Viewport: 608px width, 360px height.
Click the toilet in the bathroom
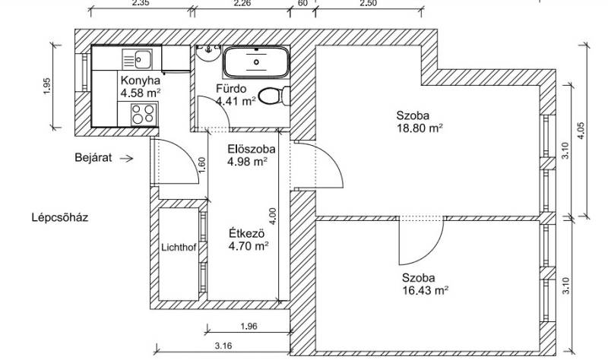(x=274, y=96)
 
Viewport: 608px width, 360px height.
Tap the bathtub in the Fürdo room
(x=256, y=62)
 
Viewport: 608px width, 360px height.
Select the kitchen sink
(x=138, y=59)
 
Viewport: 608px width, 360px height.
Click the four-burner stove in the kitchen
(x=143, y=115)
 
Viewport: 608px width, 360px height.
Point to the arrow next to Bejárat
(x=127, y=158)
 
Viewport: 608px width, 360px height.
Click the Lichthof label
(x=179, y=248)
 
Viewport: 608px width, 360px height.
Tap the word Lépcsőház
(x=60, y=217)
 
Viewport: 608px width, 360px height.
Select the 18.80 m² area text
(x=420, y=128)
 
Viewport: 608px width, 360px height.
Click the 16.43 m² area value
(x=426, y=290)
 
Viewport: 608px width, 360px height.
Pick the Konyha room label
(x=141, y=81)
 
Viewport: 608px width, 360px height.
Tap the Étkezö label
(x=246, y=234)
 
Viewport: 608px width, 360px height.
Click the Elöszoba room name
(x=252, y=149)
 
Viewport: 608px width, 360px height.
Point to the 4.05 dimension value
(x=581, y=131)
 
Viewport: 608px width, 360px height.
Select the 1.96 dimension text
(x=249, y=327)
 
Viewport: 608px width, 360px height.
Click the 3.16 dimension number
(x=223, y=346)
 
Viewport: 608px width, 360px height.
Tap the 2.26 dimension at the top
(x=242, y=4)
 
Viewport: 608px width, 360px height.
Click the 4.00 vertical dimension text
(x=273, y=216)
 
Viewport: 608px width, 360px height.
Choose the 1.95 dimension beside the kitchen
(x=47, y=87)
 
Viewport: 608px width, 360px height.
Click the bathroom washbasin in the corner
(x=208, y=52)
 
